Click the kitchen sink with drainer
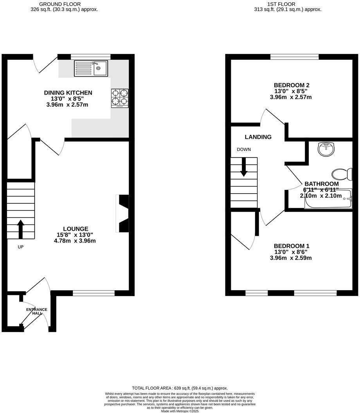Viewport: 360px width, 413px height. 91,68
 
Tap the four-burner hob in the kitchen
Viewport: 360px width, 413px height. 120,98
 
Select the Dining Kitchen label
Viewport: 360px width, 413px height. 68,93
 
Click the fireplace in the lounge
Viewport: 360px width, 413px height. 123,214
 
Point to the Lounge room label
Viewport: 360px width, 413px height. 76,229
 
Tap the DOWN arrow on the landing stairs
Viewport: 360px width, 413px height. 243,167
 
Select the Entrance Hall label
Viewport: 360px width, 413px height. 37,311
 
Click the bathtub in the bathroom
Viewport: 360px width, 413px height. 329,198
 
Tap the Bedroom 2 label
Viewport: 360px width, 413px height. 292,85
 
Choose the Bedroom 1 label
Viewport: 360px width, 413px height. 291,246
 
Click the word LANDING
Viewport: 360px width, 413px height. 258,137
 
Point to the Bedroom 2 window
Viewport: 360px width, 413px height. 294,57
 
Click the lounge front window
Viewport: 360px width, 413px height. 94,293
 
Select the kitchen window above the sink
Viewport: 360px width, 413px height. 90,57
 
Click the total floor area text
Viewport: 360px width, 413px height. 180,388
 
